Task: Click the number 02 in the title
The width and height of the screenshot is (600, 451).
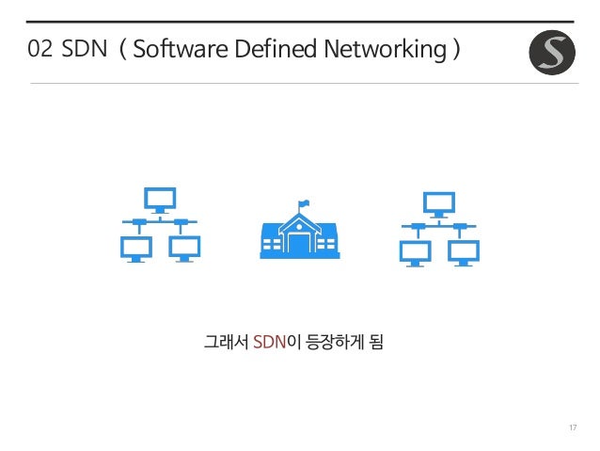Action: click(x=39, y=49)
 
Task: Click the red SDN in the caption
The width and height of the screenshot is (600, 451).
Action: click(x=269, y=339)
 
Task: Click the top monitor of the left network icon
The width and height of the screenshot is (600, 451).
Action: click(x=160, y=200)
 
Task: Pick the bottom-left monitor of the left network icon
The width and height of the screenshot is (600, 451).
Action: click(x=136, y=249)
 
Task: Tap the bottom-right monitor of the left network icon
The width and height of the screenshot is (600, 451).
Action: click(x=183, y=249)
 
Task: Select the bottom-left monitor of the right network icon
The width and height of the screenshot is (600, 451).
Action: click(x=416, y=252)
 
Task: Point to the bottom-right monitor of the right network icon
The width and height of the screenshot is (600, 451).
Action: click(x=463, y=252)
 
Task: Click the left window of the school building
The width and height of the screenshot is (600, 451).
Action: click(x=271, y=244)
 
